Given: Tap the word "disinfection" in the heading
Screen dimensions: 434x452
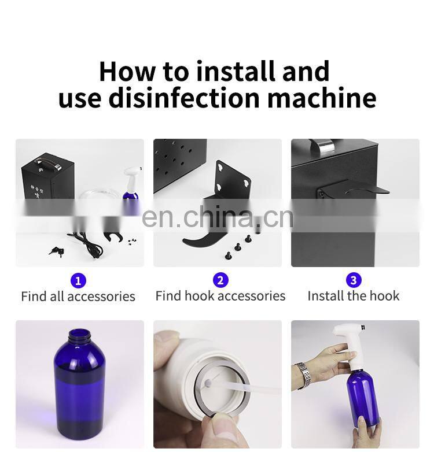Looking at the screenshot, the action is click(184, 98).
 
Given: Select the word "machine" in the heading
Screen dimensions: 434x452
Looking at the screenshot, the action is click(322, 98).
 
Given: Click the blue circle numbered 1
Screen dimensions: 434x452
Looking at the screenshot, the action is click(78, 280).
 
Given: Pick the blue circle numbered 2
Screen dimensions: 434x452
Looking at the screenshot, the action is click(220, 280).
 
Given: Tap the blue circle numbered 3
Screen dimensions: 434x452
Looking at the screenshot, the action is click(354, 280).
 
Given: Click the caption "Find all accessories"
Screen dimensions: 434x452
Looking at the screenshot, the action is click(78, 297).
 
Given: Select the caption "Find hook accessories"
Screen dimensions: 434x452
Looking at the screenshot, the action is click(220, 296).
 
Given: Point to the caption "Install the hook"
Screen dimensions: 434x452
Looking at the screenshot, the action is click(354, 296).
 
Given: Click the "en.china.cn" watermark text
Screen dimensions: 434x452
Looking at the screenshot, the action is click(218, 217).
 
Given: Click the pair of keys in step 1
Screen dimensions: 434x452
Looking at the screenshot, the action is click(57, 251).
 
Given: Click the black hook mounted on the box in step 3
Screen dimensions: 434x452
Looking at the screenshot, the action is click(367, 190).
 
